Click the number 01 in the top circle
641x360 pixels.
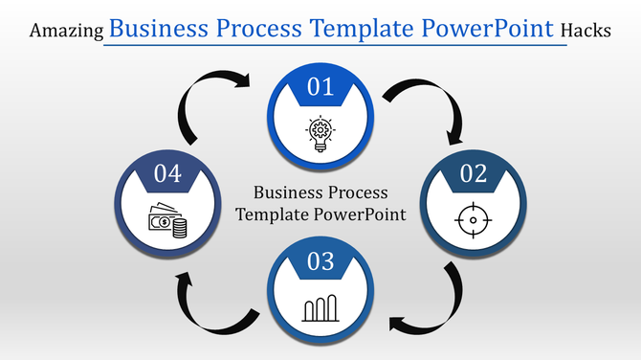(x=320, y=88)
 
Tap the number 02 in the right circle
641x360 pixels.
(x=473, y=174)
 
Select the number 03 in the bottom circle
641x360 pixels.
(x=320, y=260)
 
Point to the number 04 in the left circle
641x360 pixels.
(x=167, y=174)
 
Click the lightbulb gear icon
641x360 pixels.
(x=320, y=131)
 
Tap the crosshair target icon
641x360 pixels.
(x=472, y=220)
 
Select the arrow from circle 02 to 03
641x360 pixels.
(x=435, y=306)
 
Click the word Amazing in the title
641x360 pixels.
(x=66, y=31)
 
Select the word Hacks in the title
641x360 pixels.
(x=586, y=31)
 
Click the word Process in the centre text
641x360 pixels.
(x=360, y=191)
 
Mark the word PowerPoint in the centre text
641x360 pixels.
(x=364, y=214)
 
